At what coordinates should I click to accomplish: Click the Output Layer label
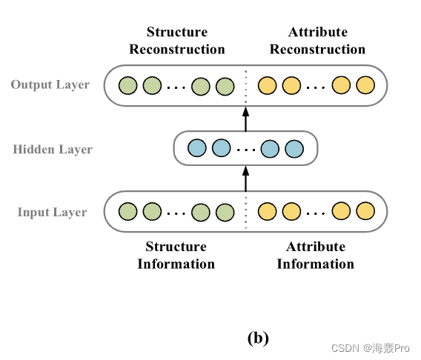click(50, 84)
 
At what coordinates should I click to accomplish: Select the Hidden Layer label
click(53, 150)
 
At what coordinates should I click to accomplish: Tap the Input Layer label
click(52, 213)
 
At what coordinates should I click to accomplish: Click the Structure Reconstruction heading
click(176, 41)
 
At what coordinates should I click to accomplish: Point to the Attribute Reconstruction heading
click(317, 41)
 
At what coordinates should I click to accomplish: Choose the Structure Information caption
click(176, 255)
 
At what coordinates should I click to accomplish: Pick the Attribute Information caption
click(316, 255)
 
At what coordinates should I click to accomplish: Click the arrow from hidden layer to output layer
click(245, 118)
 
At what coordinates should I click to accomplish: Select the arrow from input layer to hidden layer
click(245, 179)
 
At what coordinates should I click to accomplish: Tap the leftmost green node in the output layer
click(128, 86)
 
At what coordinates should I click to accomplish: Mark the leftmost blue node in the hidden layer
click(197, 148)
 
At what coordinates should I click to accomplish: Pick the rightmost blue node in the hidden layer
click(294, 148)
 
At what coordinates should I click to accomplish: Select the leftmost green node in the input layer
click(128, 213)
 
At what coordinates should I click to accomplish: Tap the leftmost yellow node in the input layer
click(268, 213)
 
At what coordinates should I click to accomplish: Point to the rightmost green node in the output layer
click(225, 86)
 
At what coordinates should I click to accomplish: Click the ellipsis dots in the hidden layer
click(245, 150)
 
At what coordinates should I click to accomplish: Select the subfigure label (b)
click(257, 339)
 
